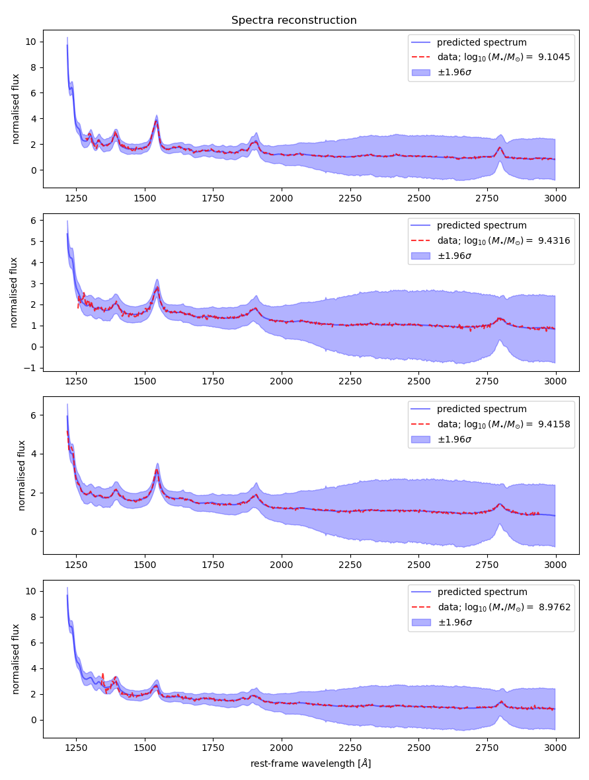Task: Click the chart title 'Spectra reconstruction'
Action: pos(294,20)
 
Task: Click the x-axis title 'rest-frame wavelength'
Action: pos(311,763)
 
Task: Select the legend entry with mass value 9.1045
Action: pos(503,57)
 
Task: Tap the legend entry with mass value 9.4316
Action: pos(503,240)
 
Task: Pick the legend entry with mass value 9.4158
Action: pos(503,423)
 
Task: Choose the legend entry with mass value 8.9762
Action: pos(503,607)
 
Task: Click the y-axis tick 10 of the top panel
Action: pos(32,42)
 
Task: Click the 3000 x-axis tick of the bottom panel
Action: pos(555,747)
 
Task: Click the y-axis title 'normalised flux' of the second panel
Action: pos(14,293)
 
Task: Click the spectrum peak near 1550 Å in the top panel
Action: pos(157,120)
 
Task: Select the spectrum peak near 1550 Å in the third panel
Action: pos(157,470)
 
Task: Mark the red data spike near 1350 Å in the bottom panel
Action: pos(102,674)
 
